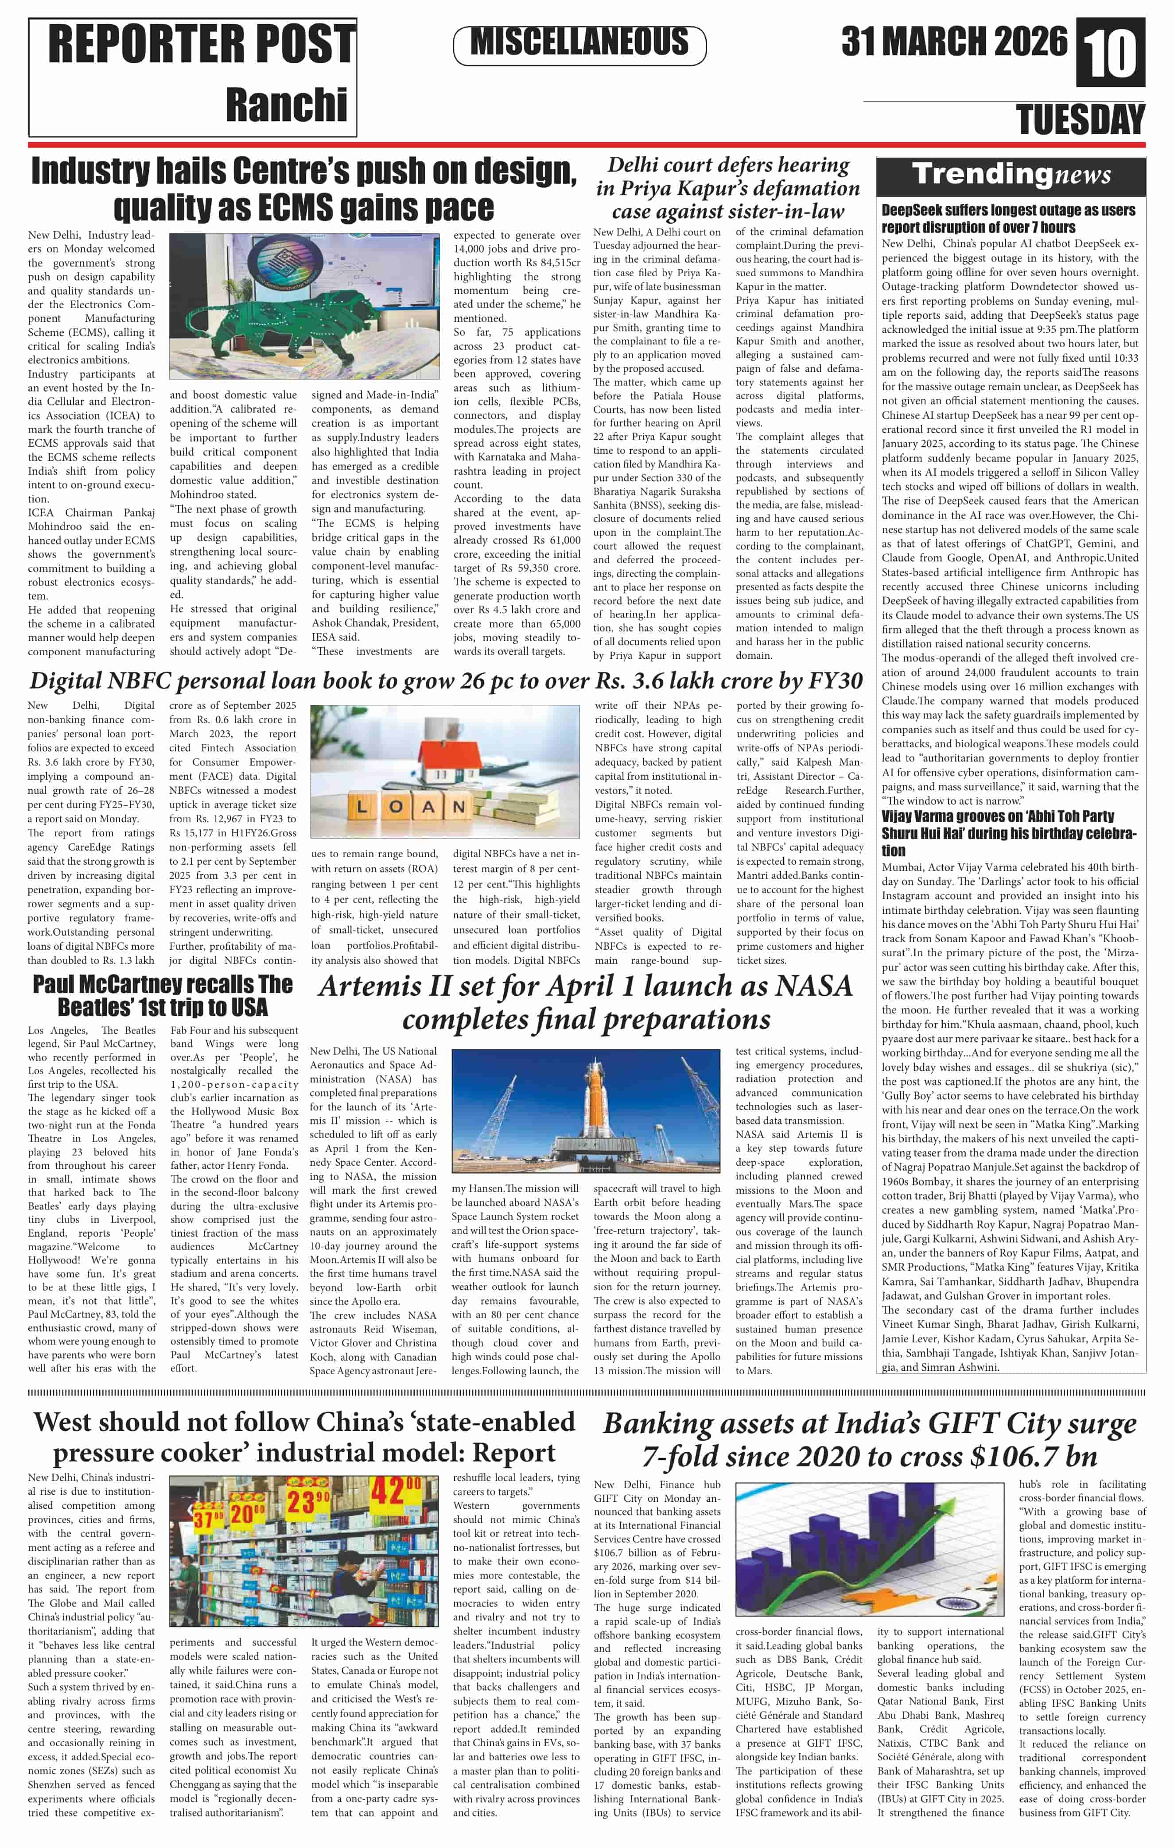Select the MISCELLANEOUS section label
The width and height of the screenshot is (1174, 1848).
(580, 42)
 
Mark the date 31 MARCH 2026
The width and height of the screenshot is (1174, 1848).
(954, 42)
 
